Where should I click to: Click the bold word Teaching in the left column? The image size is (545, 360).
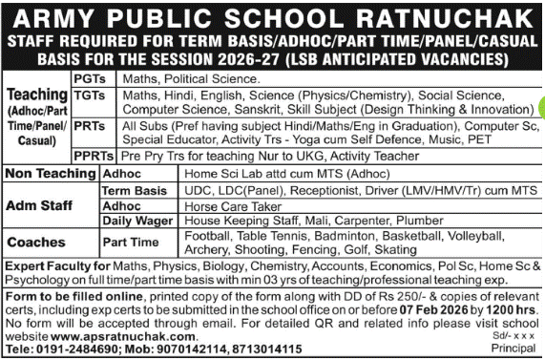[x=35, y=95]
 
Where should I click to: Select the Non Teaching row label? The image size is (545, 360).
[x=49, y=175]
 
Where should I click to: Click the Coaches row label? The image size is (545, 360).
[x=34, y=243]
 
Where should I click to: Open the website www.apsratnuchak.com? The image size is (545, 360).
[x=112, y=337]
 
